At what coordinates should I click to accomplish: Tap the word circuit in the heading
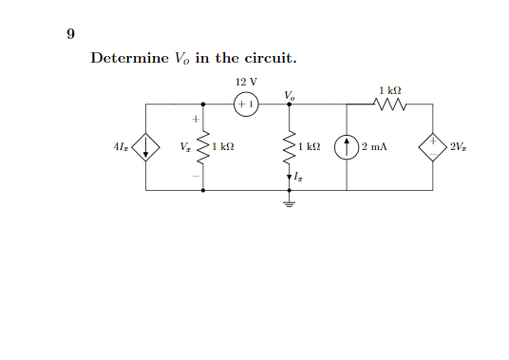pos(270,58)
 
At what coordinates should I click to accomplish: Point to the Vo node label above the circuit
pos(289,94)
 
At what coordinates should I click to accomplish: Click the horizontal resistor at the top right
pos(392,104)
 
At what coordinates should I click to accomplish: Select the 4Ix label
pos(121,147)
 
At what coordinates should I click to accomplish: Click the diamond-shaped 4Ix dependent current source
pos(145,147)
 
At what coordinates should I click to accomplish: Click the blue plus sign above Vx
pos(194,120)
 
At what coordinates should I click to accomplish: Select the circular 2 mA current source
pos(348,147)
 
